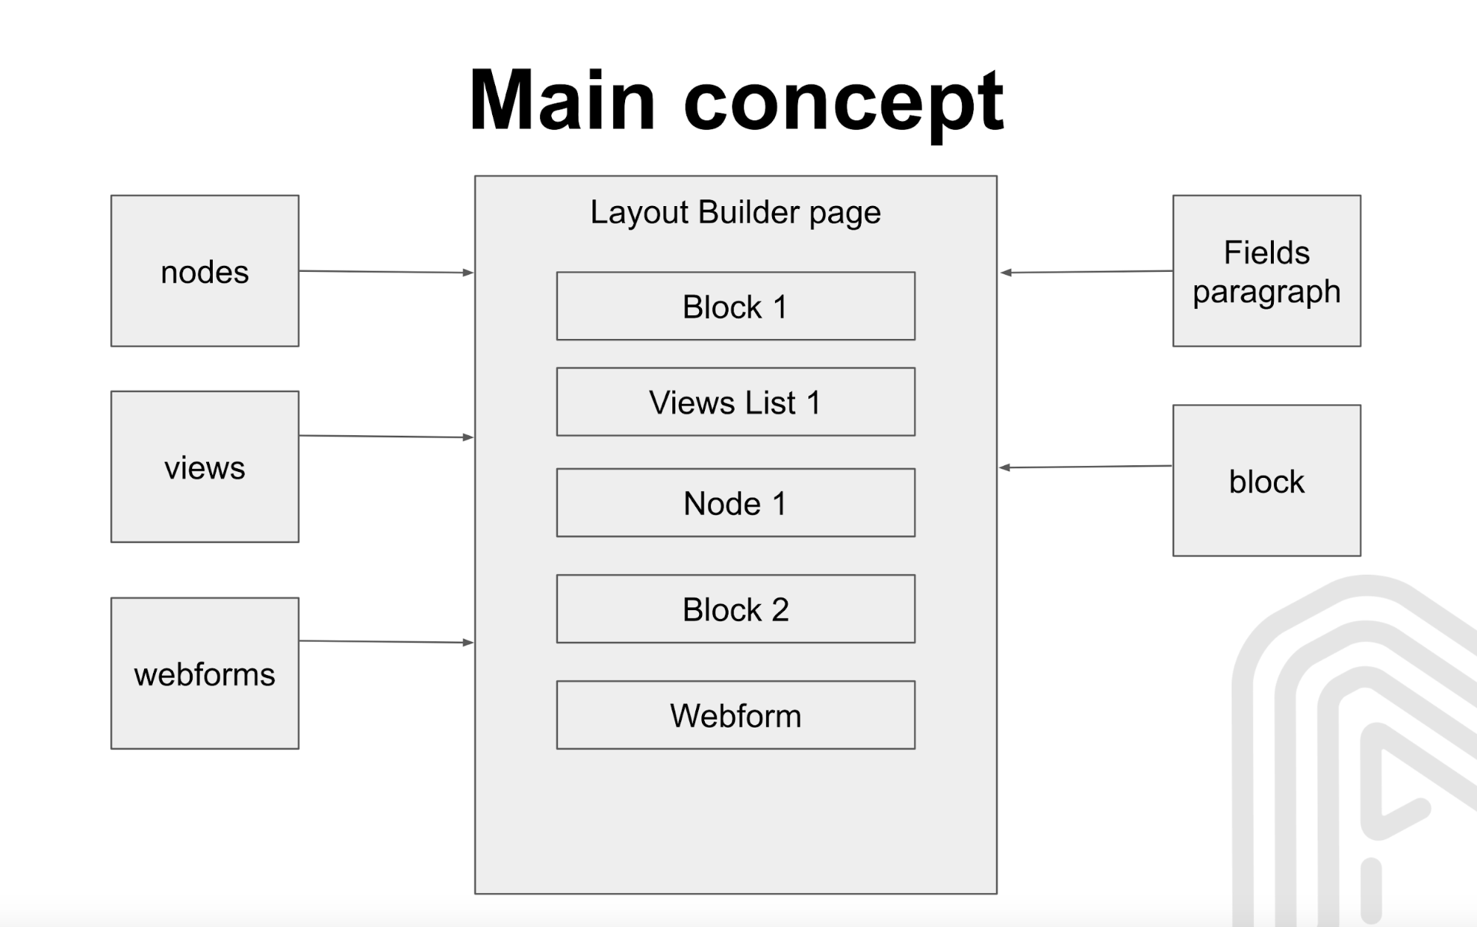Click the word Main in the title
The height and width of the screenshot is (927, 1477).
[x=562, y=100]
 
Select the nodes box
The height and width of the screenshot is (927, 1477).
[x=205, y=271]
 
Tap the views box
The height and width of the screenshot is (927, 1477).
[x=205, y=467]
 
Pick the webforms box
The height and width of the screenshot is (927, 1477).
[x=205, y=674]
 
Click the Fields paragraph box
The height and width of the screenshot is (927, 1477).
[x=1266, y=271]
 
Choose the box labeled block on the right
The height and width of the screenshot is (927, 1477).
[x=1266, y=481]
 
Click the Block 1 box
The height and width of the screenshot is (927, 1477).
[x=735, y=307]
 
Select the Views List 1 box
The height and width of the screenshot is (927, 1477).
[x=735, y=403]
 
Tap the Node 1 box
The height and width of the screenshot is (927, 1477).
[x=735, y=503]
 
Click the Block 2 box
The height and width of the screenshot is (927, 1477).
[x=735, y=609]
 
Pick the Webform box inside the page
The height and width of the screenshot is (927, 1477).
[x=735, y=715]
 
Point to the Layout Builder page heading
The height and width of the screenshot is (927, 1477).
[x=735, y=212]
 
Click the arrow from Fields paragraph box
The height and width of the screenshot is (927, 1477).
[x=1086, y=272]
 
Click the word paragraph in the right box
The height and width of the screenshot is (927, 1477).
[x=1266, y=292]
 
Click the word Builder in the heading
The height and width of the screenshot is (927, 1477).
[x=748, y=212]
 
